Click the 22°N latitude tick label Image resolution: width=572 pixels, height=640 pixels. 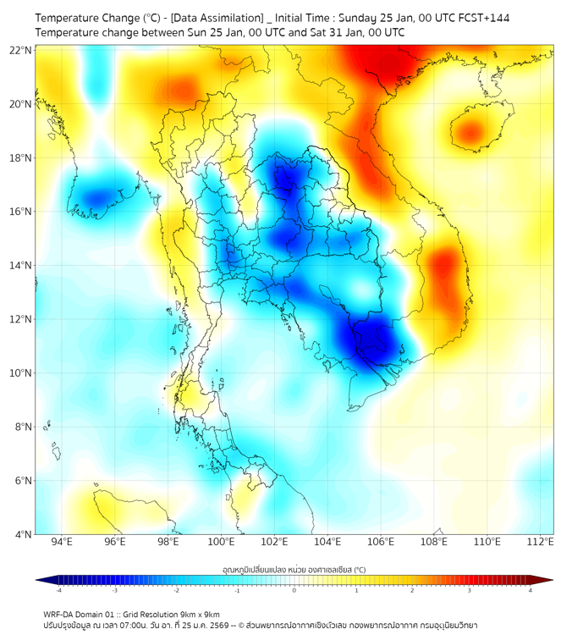[x=21, y=50]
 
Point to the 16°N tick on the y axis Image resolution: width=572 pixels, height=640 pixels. [x=21, y=212]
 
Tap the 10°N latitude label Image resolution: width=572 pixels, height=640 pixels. [x=21, y=373]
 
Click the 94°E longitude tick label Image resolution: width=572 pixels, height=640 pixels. [x=62, y=542]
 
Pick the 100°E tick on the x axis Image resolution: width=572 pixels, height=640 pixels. [x=221, y=542]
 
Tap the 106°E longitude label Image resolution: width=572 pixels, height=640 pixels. [x=381, y=542]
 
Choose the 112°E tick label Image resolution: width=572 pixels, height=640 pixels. [x=541, y=542]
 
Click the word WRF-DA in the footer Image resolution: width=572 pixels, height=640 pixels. [x=59, y=614]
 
